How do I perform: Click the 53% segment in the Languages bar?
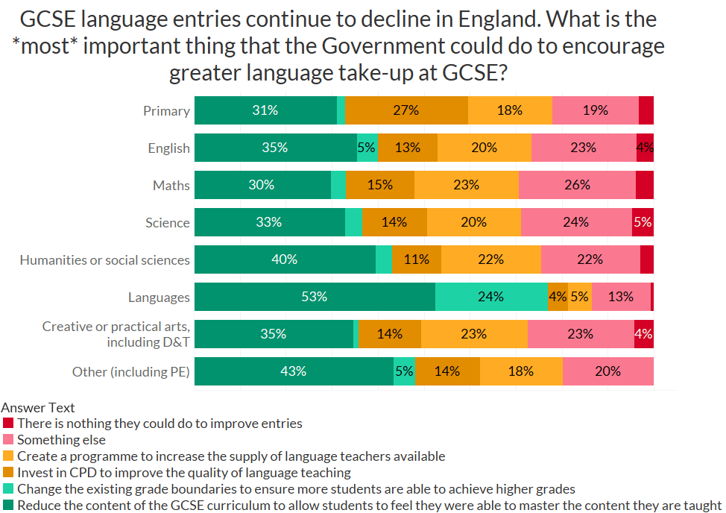[315, 297]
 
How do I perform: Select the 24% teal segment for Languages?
[491, 297]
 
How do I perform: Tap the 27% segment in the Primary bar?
[406, 110]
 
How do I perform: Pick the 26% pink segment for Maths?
[577, 185]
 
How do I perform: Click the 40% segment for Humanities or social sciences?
[285, 259]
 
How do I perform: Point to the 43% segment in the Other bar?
[294, 371]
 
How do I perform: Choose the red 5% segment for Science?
[643, 222]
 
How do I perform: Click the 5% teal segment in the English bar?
[367, 148]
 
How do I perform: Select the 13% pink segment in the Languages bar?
[621, 297]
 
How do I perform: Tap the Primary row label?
[166, 111]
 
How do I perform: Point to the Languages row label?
[159, 298]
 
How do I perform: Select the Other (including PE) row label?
[130, 372]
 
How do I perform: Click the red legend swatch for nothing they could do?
[8, 423]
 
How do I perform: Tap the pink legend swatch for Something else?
[8, 440]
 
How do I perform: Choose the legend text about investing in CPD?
[184, 473]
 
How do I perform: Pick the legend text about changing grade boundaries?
[296, 489]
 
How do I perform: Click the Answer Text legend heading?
[38, 408]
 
